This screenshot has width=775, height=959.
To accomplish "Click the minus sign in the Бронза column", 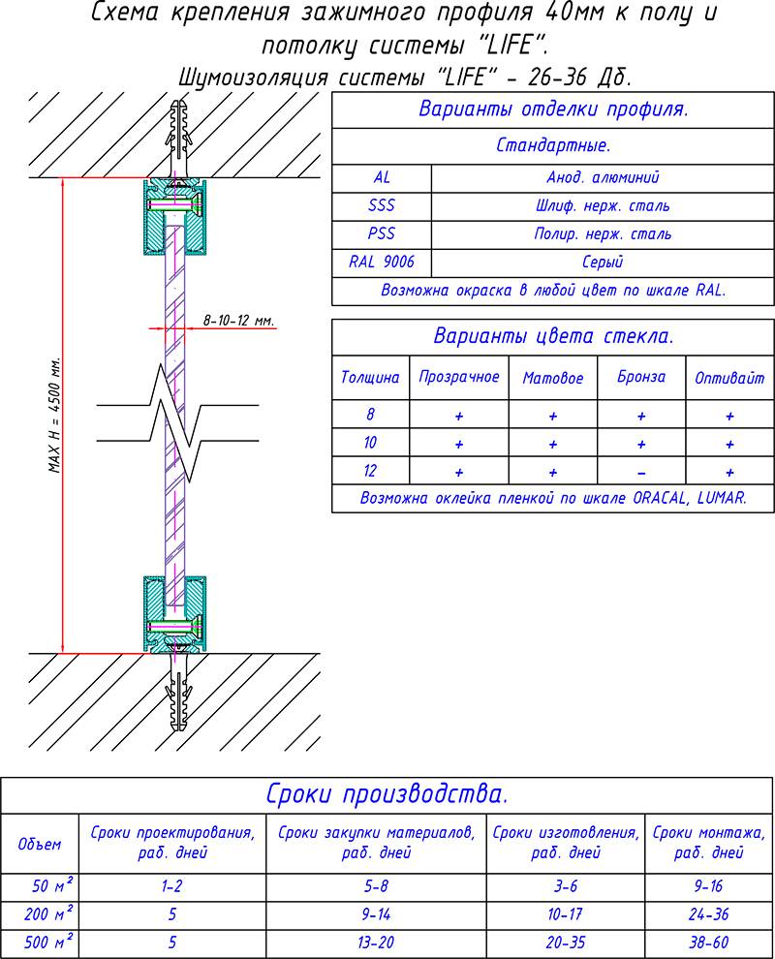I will click(x=641, y=473).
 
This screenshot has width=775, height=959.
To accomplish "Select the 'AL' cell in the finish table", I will click(x=382, y=178).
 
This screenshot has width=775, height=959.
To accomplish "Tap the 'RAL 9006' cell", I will click(x=382, y=263).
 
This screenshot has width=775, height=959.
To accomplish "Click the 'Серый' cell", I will click(x=603, y=263).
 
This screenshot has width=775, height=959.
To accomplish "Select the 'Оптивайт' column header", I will click(x=729, y=378).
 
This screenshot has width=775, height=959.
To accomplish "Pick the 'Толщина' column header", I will click(x=370, y=378).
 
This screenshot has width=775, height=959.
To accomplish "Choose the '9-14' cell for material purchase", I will click(x=377, y=913).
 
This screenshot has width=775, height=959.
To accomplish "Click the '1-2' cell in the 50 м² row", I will click(x=173, y=885).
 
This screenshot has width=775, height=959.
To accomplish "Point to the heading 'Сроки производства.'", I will click(x=387, y=795).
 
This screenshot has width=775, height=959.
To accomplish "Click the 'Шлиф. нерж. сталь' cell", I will click(x=603, y=206).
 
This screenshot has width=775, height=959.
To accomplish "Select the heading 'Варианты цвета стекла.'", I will click(x=553, y=336).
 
